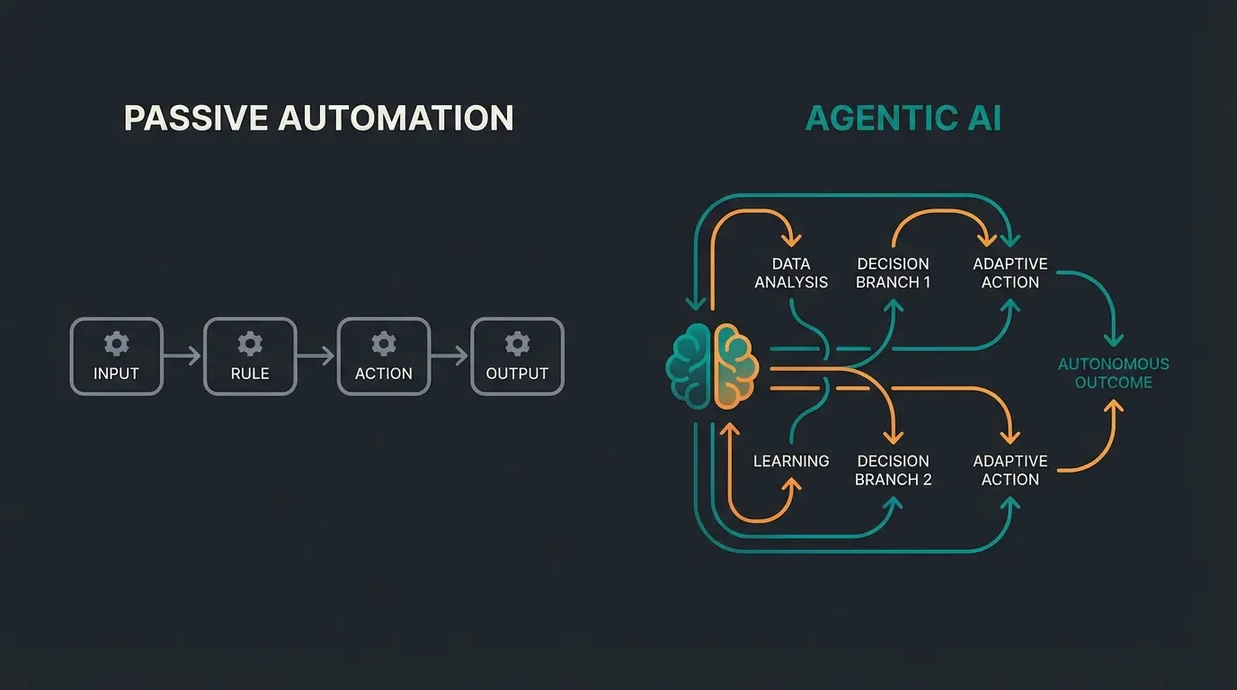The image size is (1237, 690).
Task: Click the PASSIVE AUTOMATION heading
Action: (x=318, y=119)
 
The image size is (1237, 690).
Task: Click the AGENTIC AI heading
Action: (x=903, y=119)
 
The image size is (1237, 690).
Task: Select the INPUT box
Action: (x=116, y=357)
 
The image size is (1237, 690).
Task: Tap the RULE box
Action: (x=250, y=357)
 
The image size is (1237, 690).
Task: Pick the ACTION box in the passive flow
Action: (x=383, y=357)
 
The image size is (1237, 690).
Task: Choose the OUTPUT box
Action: (x=517, y=357)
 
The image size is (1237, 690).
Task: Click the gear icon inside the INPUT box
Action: (x=116, y=343)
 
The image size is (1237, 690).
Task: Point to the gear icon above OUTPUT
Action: (x=517, y=343)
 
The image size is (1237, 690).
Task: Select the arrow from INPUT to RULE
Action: (x=183, y=357)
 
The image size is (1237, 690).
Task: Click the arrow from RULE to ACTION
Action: (x=316, y=357)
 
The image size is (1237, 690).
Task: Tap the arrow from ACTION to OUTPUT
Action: (x=449, y=357)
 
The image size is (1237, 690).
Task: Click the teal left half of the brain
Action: (x=690, y=367)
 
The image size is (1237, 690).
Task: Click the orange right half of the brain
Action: (x=735, y=367)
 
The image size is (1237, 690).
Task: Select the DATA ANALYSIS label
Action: (x=791, y=273)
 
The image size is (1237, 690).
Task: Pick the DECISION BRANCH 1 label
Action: (x=893, y=273)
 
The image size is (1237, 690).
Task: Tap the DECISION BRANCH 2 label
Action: (x=893, y=470)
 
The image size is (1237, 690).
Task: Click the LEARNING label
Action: (x=791, y=461)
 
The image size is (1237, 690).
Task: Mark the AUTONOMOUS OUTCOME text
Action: (x=1113, y=373)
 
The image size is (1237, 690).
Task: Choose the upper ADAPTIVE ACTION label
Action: (x=1010, y=273)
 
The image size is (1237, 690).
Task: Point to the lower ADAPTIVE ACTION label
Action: (x=1010, y=470)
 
